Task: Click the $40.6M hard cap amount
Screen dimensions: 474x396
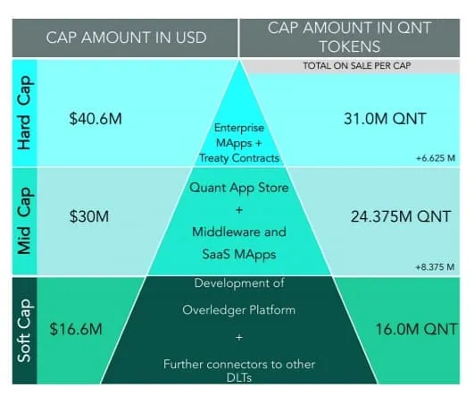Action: tap(96, 118)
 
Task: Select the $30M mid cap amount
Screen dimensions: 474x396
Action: tap(89, 216)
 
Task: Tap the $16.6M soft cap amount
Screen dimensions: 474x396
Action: tap(76, 329)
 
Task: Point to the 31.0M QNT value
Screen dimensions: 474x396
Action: tap(385, 118)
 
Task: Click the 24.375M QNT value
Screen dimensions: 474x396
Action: tap(401, 216)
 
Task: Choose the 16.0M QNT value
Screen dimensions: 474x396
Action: tap(416, 329)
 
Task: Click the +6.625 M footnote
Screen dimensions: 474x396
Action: tap(436, 158)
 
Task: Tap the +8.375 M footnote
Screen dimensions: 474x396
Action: tap(435, 267)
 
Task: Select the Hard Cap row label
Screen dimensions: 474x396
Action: tap(24, 113)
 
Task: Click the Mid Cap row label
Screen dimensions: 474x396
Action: tap(24, 221)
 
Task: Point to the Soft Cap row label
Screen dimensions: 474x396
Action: tap(24, 331)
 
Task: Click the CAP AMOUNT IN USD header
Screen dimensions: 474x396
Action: tap(127, 38)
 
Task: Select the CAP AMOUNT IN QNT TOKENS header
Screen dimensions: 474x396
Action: tap(349, 38)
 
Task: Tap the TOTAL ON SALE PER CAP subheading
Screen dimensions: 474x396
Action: tap(357, 65)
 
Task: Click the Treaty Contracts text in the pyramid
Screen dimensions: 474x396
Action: tap(239, 158)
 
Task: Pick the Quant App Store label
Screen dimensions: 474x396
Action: tap(239, 188)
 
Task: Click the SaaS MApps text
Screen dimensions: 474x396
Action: tap(239, 254)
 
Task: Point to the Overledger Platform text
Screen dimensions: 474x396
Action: tap(239, 310)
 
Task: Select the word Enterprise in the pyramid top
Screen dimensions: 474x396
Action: tap(239, 128)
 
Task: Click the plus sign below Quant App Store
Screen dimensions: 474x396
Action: tap(239, 210)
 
